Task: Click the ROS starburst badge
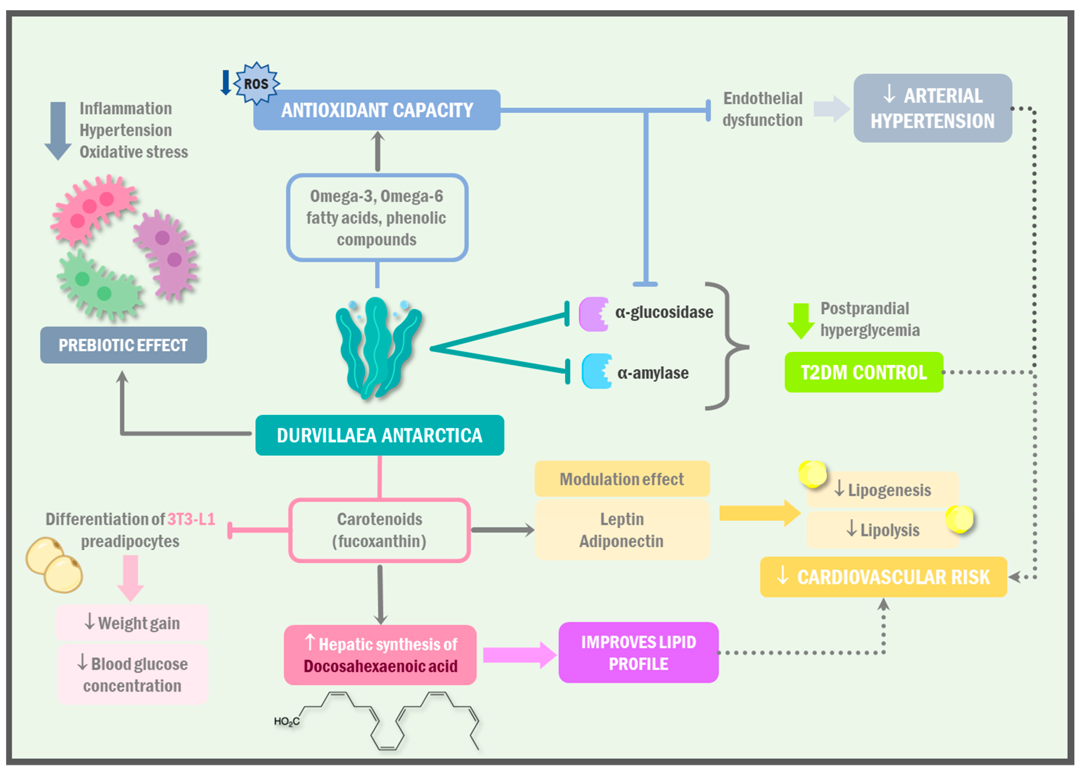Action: (256, 83)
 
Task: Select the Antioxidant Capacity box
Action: (376, 110)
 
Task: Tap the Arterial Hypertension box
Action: (933, 108)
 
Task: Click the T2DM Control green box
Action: (864, 372)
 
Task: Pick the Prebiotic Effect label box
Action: (123, 345)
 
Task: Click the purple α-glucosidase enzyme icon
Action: (593, 314)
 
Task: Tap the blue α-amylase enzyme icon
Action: (597, 371)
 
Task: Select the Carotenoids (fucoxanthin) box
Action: (379, 530)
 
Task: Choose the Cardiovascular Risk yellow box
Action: (883, 577)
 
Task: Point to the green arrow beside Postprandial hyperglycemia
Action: (801, 321)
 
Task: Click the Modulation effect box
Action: (622, 478)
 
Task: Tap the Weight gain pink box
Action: (132, 623)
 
